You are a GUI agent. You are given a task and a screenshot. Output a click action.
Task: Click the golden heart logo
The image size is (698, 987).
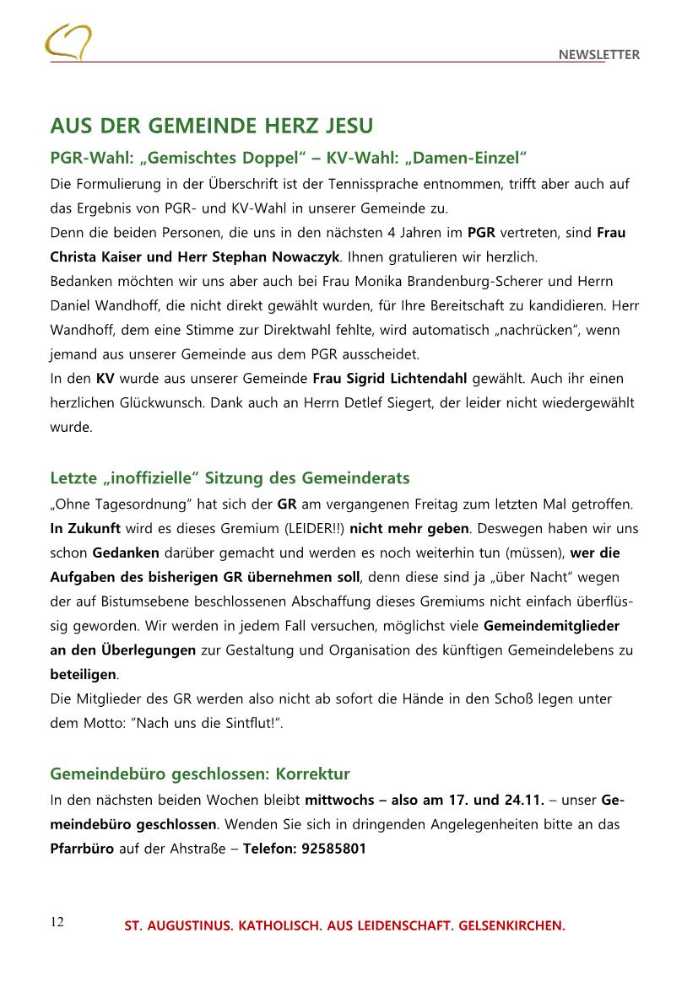point(68,41)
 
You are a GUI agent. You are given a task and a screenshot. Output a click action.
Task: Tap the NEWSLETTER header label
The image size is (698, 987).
point(598,55)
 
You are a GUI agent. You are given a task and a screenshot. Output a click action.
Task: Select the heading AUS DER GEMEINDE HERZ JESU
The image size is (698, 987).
point(211,127)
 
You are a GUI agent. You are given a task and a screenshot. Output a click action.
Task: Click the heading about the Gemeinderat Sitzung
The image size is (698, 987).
point(230,478)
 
